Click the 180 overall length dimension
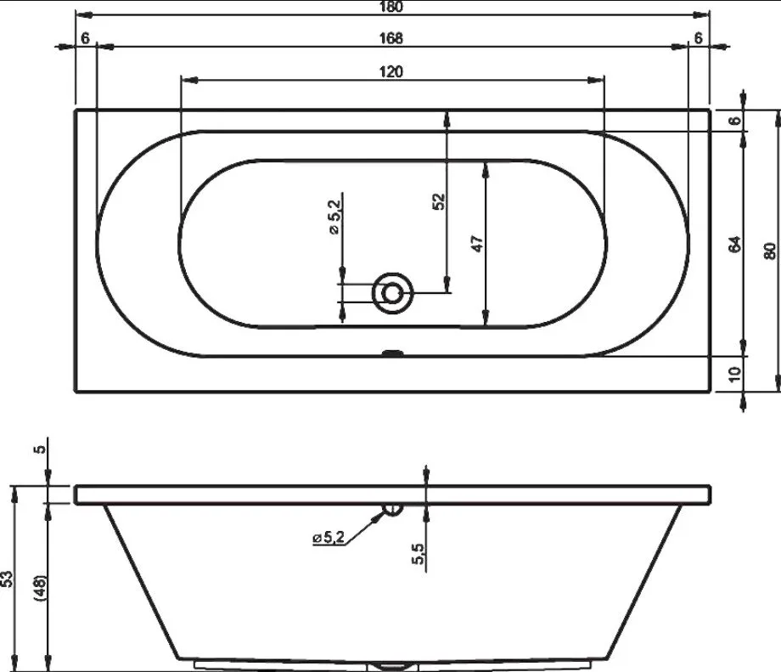(x=391, y=7)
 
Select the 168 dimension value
(x=391, y=38)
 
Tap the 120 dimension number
(x=391, y=71)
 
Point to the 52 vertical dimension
(x=439, y=201)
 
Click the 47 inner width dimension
(x=477, y=244)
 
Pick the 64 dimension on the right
(x=735, y=245)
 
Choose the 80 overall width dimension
(x=770, y=251)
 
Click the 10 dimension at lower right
(x=735, y=374)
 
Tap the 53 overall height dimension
(x=7, y=579)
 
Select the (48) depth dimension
(x=41, y=588)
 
